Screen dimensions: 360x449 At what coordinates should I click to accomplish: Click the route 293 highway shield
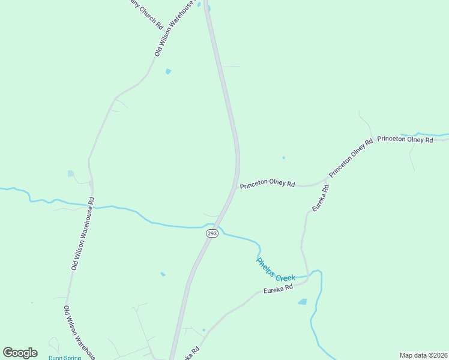pyautogui.click(x=211, y=233)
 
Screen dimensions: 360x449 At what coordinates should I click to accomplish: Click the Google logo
pyautogui.click(x=20, y=352)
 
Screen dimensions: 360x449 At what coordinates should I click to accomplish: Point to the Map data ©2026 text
pyautogui.click(x=424, y=355)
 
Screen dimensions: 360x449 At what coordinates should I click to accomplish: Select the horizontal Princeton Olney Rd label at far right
pyautogui.click(x=405, y=140)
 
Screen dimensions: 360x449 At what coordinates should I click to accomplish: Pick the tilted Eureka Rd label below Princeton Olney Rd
pyautogui.click(x=320, y=197)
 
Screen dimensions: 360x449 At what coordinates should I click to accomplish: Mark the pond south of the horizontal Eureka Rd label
pyautogui.click(x=302, y=302)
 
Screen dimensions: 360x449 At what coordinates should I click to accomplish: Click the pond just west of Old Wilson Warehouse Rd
pyautogui.click(x=71, y=174)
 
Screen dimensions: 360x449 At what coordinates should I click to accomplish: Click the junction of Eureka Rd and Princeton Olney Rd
pyautogui.click(x=325, y=180)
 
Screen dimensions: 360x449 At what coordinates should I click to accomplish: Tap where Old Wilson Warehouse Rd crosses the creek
pyautogui.click(x=94, y=207)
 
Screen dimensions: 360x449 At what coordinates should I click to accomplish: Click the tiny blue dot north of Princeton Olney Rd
pyautogui.click(x=283, y=158)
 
